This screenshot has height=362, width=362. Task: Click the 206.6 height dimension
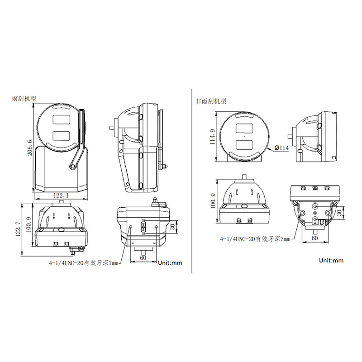tap(30, 148)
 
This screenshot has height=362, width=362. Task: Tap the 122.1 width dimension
tap(61, 195)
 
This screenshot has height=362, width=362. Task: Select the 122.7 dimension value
tap(18, 229)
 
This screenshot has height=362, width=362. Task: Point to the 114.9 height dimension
tap(212, 137)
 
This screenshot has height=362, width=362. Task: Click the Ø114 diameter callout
tap(281, 148)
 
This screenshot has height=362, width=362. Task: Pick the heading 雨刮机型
tap(24, 99)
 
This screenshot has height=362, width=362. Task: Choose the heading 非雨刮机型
tap(211, 101)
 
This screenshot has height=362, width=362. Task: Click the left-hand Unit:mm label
tap(170, 263)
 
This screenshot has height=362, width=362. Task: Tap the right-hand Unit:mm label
tap(331, 261)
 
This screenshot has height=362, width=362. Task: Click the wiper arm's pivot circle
tap(72, 166)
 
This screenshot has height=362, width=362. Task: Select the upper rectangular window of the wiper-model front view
tap(61, 119)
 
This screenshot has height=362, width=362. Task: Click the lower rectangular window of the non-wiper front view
tap(245, 145)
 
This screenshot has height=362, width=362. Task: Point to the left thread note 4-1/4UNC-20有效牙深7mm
tap(84, 263)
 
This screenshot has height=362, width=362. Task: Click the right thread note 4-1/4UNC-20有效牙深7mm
tap(255, 239)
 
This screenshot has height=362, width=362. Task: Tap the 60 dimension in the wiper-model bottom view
tap(143, 257)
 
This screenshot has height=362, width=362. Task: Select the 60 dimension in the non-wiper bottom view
tap(314, 238)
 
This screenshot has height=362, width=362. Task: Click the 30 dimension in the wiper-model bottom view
tap(173, 227)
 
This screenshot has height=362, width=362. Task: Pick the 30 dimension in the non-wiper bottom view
tap(339, 213)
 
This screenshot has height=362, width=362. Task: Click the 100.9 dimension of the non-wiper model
tap(213, 201)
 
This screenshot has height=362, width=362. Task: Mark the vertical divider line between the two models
tap(192, 181)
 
